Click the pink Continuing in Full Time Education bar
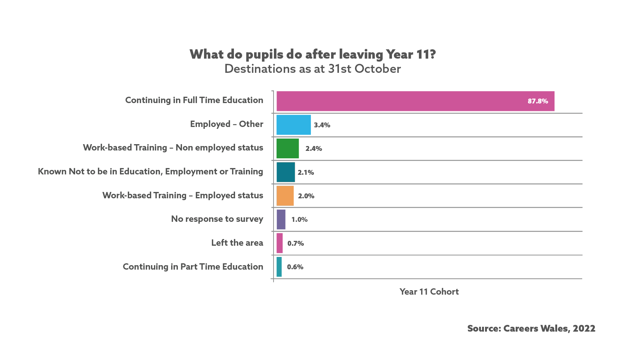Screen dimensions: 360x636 415,101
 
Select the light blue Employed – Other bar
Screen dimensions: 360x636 293,125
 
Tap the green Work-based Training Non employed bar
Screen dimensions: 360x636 287,149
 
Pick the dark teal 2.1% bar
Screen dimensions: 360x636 285,172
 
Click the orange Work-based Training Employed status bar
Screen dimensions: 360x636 285,196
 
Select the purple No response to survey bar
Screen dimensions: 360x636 281,220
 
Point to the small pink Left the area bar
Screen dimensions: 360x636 280,243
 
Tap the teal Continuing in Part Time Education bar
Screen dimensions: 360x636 279,267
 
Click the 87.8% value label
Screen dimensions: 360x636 538,101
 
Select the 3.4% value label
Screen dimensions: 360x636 322,125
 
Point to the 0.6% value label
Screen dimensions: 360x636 295,267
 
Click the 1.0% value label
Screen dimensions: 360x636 299,220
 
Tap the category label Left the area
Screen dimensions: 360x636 237,243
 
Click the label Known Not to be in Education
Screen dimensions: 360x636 151,172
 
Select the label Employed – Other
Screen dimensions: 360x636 226,124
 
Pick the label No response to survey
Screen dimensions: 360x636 217,219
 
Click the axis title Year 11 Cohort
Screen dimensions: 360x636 429,292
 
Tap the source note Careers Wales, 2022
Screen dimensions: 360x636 531,329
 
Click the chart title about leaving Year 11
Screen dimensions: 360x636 313,55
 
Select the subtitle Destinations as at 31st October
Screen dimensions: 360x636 313,69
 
